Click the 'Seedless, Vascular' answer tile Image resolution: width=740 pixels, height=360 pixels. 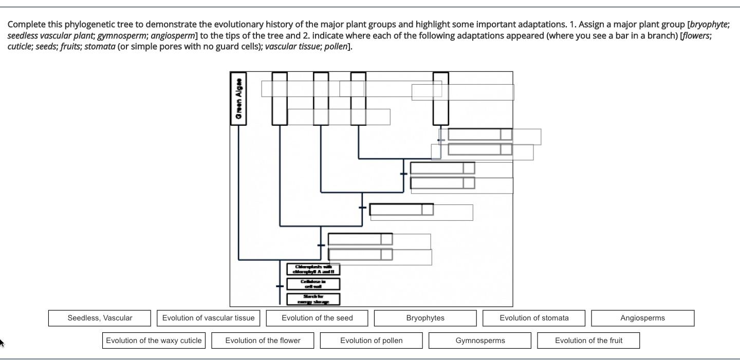(100, 318)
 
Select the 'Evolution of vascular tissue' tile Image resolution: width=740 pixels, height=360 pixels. (208, 318)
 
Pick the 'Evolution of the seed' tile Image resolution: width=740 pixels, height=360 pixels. (317, 318)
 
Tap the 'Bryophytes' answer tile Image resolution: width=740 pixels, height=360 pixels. (425, 318)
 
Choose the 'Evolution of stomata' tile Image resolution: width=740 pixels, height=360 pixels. (534, 318)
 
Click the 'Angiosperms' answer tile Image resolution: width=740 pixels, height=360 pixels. (642, 318)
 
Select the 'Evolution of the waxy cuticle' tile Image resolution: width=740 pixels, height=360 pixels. (154, 340)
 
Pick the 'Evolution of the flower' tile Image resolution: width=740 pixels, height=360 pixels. (263, 340)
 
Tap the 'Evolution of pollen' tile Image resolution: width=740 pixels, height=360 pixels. (371, 340)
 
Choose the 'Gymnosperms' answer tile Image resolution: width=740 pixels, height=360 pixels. (480, 340)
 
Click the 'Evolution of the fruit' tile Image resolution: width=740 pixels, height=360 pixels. (588, 340)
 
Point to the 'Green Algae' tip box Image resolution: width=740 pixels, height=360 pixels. (238, 99)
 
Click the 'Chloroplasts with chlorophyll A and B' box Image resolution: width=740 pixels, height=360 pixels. (313, 269)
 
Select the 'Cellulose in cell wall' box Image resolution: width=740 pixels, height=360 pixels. (313, 284)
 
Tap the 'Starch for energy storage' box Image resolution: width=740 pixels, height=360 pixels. (313, 299)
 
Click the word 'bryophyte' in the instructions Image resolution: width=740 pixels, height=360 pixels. (709, 24)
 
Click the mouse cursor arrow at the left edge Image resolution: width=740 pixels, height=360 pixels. (2, 342)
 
